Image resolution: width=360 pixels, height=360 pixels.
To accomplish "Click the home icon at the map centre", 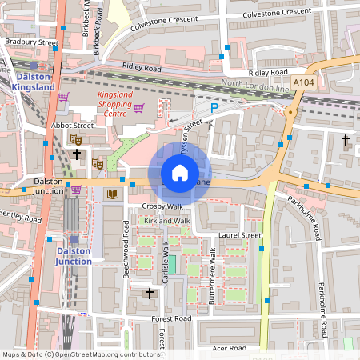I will tap(180, 173).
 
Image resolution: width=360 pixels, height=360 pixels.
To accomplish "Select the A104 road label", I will tap(303, 82).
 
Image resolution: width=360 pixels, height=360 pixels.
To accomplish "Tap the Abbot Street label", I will tap(73, 126).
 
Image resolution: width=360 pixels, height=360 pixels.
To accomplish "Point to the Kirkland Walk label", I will tap(166, 220).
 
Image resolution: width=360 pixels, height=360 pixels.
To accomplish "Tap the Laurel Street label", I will tap(240, 236).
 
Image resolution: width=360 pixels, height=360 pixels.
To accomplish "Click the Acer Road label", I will tap(229, 348).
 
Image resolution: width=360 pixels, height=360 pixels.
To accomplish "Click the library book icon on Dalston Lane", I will tap(111, 194).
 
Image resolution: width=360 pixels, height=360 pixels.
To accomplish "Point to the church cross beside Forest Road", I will tap(149, 294).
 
